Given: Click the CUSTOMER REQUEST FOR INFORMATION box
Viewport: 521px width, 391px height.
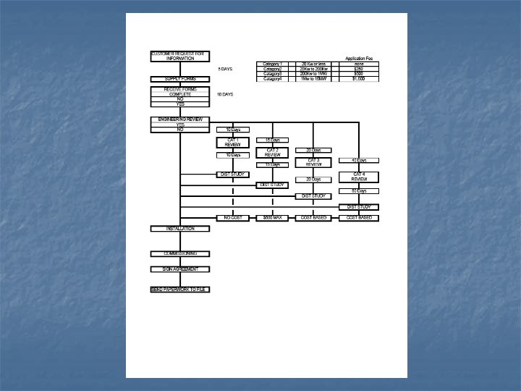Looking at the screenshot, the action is point(179,56).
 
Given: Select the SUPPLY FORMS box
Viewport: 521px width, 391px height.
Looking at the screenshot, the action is point(179,79).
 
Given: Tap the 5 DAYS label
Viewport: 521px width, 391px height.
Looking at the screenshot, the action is point(225,69).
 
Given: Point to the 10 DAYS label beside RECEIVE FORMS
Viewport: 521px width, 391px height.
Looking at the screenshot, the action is point(225,95).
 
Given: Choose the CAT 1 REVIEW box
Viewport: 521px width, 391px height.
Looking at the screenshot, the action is point(233,142).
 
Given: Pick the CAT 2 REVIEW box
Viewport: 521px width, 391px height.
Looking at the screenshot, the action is point(272,152).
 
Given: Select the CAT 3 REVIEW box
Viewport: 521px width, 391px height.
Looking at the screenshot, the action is point(313,161).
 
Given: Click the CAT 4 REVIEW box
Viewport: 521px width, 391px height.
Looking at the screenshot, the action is point(359,176).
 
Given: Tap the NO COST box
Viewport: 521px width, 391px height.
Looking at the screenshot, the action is point(233,217).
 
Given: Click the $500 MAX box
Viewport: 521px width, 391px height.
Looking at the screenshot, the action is point(272,217).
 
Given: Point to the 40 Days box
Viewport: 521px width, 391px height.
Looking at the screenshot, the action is point(359,160).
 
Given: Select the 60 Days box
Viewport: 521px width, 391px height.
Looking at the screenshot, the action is point(359,191).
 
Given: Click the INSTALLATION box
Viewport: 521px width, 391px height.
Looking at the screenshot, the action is point(179,229).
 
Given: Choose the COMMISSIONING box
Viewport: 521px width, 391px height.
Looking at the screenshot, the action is point(179,253).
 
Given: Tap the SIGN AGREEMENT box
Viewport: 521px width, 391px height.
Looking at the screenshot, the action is point(179,269).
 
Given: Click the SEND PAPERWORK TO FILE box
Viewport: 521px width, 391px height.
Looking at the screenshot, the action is point(179,290).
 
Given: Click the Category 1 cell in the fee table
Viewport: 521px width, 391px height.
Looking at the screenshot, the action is point(272,64).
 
